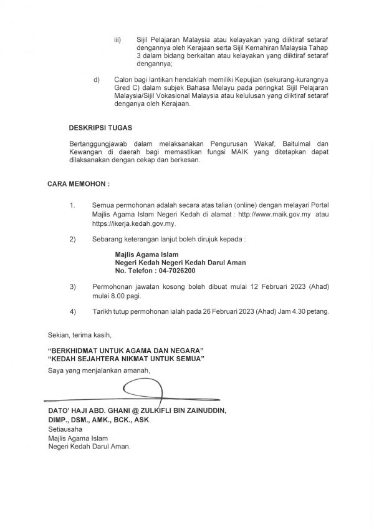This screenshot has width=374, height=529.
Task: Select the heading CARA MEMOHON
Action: (78, 185)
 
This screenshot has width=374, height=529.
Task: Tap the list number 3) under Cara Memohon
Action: (72, 286)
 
